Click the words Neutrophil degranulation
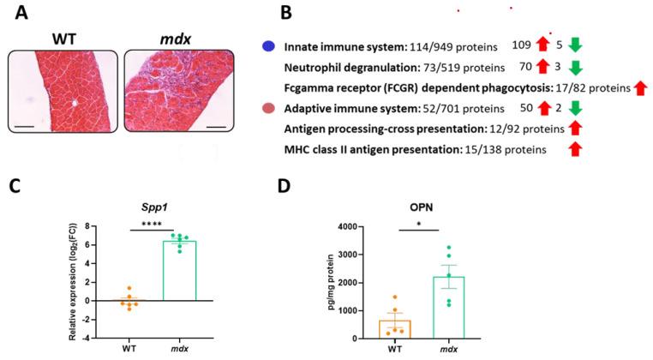tap(350, 66)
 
